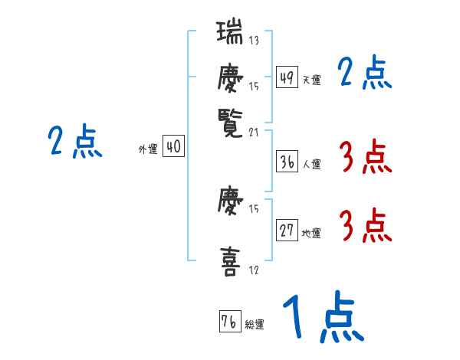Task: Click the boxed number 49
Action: click(287, 78)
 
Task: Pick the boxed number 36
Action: click(287, 162)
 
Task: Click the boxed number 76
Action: click(229, 322)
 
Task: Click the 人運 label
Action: click(312, 164)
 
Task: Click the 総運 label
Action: click(255, 324)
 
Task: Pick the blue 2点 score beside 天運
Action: click(365, 74)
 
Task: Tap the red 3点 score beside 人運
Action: click(365, 158)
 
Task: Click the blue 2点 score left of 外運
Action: click(75, 142)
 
